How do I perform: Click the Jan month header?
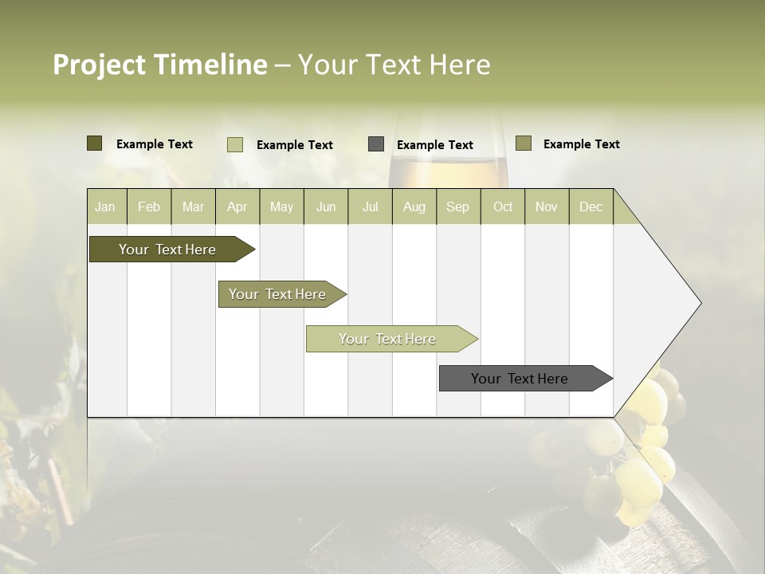click(105, 206)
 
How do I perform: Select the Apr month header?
click(237, 206)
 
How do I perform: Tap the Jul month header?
click(370, 206)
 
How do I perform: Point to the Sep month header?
click(457, 206)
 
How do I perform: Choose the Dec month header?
click(590, 206)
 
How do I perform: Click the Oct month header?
click(503, 206)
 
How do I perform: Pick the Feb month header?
click(149, 206)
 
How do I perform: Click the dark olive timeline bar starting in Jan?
click(167, 250)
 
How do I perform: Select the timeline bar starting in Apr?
click(277, 294)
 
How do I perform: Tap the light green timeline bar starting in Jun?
click(387, 339)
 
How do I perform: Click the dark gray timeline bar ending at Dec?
click(520, 379)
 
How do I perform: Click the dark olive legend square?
click(94, 143)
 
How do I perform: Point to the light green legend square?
click(234, 144)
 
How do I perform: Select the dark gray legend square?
click(376, 144)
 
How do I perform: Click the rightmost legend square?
click(523, 143)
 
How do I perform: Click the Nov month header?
click(547, 206)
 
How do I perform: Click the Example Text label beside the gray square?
click(435, 144)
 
